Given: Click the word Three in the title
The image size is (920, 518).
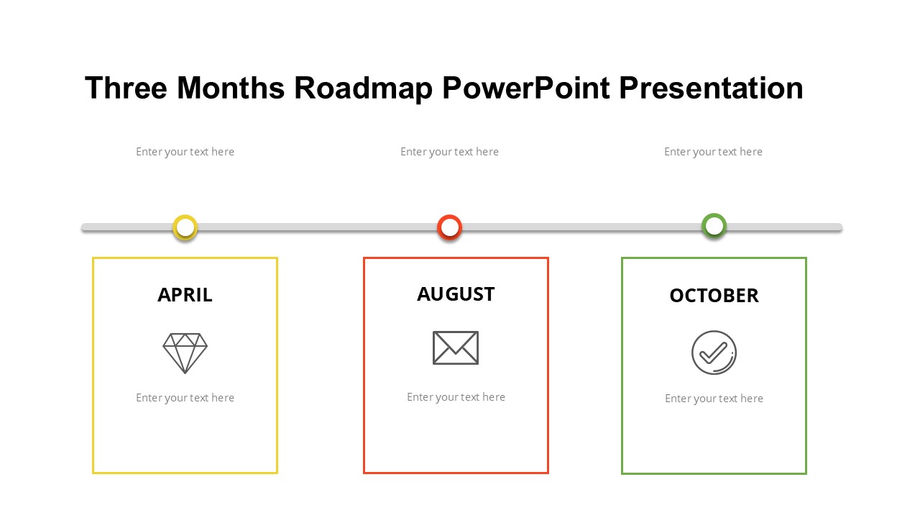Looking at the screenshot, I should pos(126,88).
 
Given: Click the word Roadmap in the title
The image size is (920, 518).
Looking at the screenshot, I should pos(363,88).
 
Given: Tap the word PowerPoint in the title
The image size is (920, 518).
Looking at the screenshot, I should pos(525,88).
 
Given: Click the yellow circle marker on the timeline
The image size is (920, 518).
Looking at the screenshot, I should pos(185,227).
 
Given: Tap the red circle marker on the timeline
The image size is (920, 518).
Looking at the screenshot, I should pos(450,227).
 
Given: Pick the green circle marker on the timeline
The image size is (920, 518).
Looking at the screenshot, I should pos(714,226).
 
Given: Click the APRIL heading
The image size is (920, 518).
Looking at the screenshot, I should pos(185,295).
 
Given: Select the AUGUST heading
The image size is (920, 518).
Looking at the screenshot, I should pos(456,294).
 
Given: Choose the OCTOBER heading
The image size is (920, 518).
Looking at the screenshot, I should pos(714,296).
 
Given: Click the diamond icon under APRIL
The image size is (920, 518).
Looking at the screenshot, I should pos(185,353).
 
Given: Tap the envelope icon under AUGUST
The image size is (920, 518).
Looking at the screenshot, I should pos(456,347).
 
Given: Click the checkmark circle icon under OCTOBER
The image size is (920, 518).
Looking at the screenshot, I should pos(714,353).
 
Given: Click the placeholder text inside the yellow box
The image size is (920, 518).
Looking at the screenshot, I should pos(185,398).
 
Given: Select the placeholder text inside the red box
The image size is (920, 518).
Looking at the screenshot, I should pos(456,397).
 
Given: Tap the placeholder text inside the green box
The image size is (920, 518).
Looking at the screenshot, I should pos(714,399).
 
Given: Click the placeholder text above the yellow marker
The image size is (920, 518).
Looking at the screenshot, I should pos(185,152).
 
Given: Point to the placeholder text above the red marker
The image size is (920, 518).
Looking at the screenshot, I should pos(449,152).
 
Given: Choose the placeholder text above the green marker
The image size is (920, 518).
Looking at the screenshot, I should pos(713,152).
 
